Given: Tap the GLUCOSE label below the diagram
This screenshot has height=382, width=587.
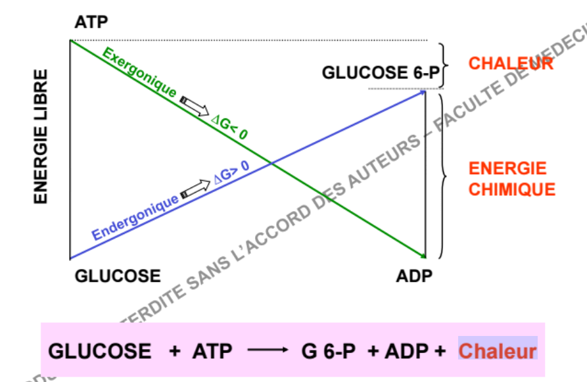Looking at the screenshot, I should tap(118, 275).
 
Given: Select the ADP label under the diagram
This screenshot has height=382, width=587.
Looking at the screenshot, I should tap(414, 275).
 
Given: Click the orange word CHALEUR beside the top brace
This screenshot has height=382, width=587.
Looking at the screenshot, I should tap(511, 64).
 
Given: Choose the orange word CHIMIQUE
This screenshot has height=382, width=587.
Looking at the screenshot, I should tap(511, 190).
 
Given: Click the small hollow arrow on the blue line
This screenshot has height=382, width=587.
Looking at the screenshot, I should tap(193, 189).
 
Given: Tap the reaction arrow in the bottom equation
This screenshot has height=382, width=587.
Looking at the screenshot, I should tap(268, 351).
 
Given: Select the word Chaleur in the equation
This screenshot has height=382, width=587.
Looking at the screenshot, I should tap(498, 351).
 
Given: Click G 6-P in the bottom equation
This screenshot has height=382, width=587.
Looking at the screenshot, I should tap(329, 351).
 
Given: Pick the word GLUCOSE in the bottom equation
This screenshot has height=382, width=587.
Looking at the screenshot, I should tap(100, 351).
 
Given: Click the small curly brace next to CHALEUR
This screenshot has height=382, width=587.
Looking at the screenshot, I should tap(445, 66).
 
